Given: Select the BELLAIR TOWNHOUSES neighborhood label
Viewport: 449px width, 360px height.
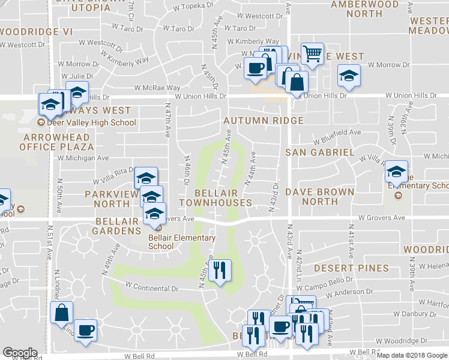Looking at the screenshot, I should click(223, 198).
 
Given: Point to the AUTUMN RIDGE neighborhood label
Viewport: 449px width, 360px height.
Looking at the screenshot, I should click(264, 121).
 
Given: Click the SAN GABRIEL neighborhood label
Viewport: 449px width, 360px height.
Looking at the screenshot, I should click(319, 152).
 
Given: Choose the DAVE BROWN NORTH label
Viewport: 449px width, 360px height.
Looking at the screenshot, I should click(319, 197).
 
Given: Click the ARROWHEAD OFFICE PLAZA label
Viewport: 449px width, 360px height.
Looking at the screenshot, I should click(56, 142).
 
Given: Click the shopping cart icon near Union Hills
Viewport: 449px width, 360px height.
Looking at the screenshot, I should click(312, 55).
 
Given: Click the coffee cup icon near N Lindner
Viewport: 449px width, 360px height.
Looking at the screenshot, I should click(85, 330).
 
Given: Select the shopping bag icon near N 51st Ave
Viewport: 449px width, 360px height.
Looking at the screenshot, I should click(61, 313).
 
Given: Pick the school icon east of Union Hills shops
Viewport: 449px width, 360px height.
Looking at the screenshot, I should click(349, 76).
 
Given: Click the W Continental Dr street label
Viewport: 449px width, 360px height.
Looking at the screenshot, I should click(152, 287).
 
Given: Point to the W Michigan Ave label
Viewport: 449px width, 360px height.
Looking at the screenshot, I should click(83, 158).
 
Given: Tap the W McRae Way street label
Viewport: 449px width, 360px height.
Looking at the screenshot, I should click(157, 88).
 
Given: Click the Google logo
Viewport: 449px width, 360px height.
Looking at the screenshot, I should click(20, 353).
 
